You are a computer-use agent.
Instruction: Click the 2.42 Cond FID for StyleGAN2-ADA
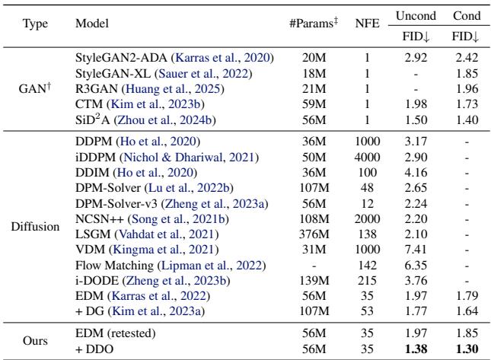pos(463,58)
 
